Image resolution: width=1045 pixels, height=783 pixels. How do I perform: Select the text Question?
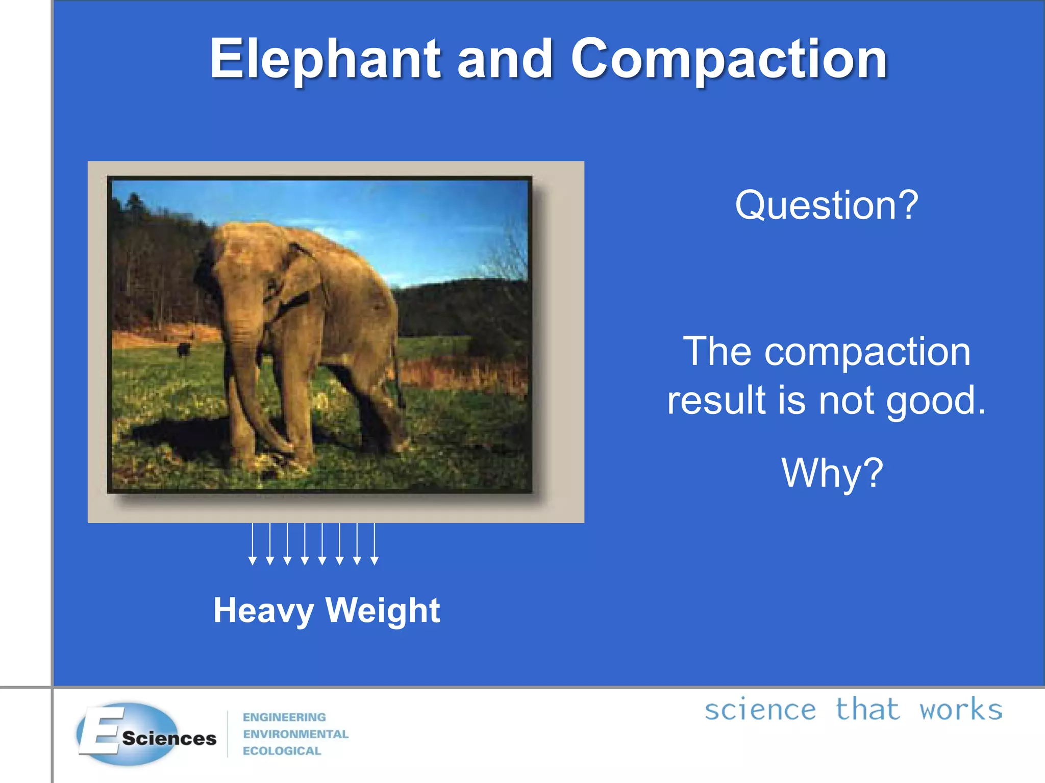tap(826, 205)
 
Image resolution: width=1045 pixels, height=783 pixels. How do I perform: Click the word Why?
tap(832, 473)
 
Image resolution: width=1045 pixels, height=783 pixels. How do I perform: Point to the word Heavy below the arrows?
tap(263, 610)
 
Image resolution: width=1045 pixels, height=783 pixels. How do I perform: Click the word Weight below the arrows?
tap(383, 610)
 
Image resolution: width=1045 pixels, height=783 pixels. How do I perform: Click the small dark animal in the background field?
tap(183, 350)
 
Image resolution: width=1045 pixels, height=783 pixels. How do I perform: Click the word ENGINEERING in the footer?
tap(284, 717)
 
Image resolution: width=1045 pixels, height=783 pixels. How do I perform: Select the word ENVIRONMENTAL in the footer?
tap(295, 734)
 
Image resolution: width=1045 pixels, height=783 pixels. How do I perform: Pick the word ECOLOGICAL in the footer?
tap(282, 751)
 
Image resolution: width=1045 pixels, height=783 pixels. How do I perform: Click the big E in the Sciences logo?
tap(102, 732)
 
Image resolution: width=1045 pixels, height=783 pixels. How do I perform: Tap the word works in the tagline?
tap(961, 710)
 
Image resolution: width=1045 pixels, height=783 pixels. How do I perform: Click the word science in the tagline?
tap(760, 710)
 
